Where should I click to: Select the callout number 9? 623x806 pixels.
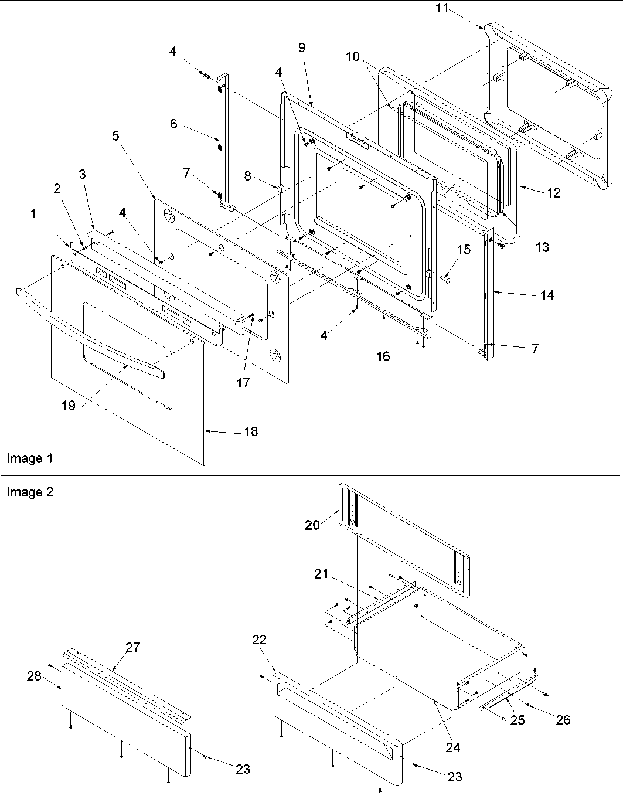302,47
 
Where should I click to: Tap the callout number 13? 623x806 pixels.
543,247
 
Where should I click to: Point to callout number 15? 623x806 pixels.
464,250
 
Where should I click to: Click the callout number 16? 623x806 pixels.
383,356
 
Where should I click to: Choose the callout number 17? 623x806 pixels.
243,383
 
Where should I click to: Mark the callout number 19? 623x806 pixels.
69,405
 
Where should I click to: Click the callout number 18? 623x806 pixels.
251,432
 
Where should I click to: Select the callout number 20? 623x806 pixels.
312,525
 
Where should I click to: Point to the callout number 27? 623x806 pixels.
133,647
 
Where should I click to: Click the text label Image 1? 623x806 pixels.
29,458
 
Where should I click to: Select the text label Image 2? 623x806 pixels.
29,492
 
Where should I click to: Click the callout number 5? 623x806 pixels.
115,135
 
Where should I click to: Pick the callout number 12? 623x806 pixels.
553,192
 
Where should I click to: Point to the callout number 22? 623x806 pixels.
259,640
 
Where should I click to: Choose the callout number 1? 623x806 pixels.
33,215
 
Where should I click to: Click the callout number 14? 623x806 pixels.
546,295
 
